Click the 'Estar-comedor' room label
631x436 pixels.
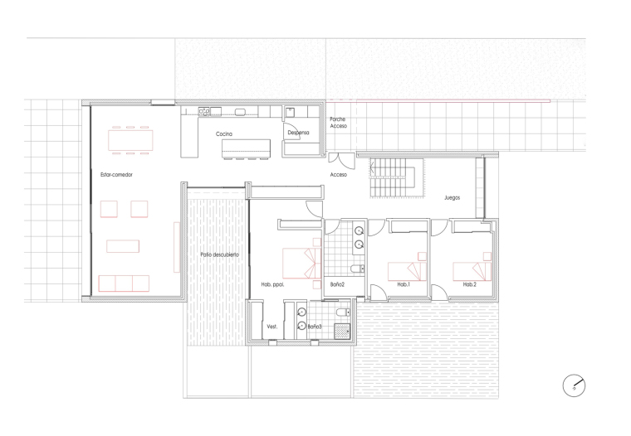coord(116,174)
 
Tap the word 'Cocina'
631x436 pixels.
coord(223,133)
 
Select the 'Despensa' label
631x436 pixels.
coord(299,132)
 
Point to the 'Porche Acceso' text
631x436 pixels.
coord(338,123)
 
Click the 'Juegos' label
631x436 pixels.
coord(452,197)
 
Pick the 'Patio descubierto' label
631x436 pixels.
coord(220,254)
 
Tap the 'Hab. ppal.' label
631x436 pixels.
coord(272,284)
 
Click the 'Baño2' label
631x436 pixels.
coord(337,284)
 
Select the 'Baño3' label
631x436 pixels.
coord(315,327)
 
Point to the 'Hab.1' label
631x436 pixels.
coord(404,284)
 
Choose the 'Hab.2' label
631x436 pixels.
coord(470,284)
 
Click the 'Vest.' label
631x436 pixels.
coord(272,327)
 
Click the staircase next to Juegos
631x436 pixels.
coord(396,177)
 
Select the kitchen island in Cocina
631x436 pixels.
coord(246,148)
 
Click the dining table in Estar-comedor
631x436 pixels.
coord(130,140)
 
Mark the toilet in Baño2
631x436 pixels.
coord(357,269)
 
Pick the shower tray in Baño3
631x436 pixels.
coord(342,331)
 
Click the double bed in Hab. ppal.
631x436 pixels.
coord(302,264)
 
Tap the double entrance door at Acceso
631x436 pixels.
coord(342,161)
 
